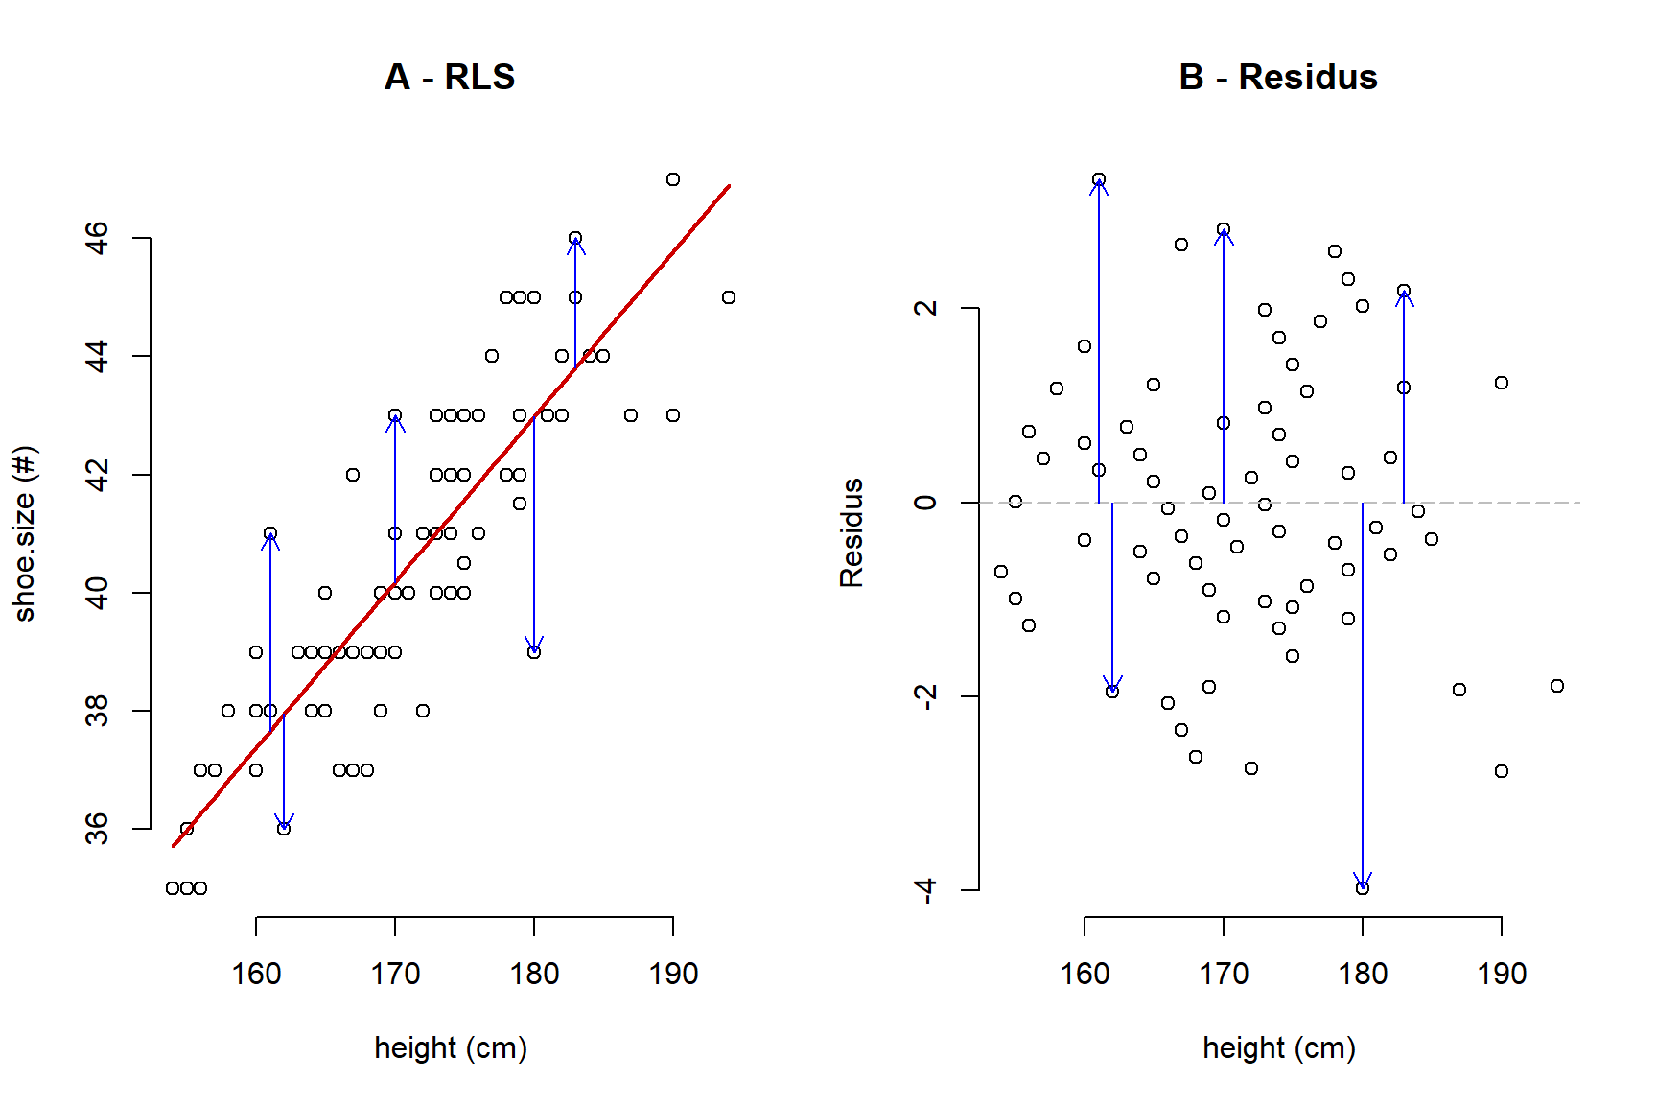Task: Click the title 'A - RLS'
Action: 450,77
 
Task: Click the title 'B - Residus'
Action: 1277,77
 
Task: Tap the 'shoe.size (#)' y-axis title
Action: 25,533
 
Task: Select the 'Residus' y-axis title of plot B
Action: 852,533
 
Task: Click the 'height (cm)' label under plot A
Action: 451,1047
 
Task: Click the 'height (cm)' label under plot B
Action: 1279,1047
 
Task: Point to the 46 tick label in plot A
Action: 97,238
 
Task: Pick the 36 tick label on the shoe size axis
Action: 97,829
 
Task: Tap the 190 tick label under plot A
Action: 673,975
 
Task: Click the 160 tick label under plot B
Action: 1085,975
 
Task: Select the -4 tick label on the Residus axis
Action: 924,890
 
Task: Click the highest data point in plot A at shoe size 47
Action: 673,179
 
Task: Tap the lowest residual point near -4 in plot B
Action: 1363,888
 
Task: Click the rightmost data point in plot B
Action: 1557,686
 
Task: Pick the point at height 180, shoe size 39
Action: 534,652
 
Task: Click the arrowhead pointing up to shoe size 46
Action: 575,244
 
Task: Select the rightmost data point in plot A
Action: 729,297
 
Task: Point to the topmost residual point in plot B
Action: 1099,179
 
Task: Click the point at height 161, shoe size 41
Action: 270,533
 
